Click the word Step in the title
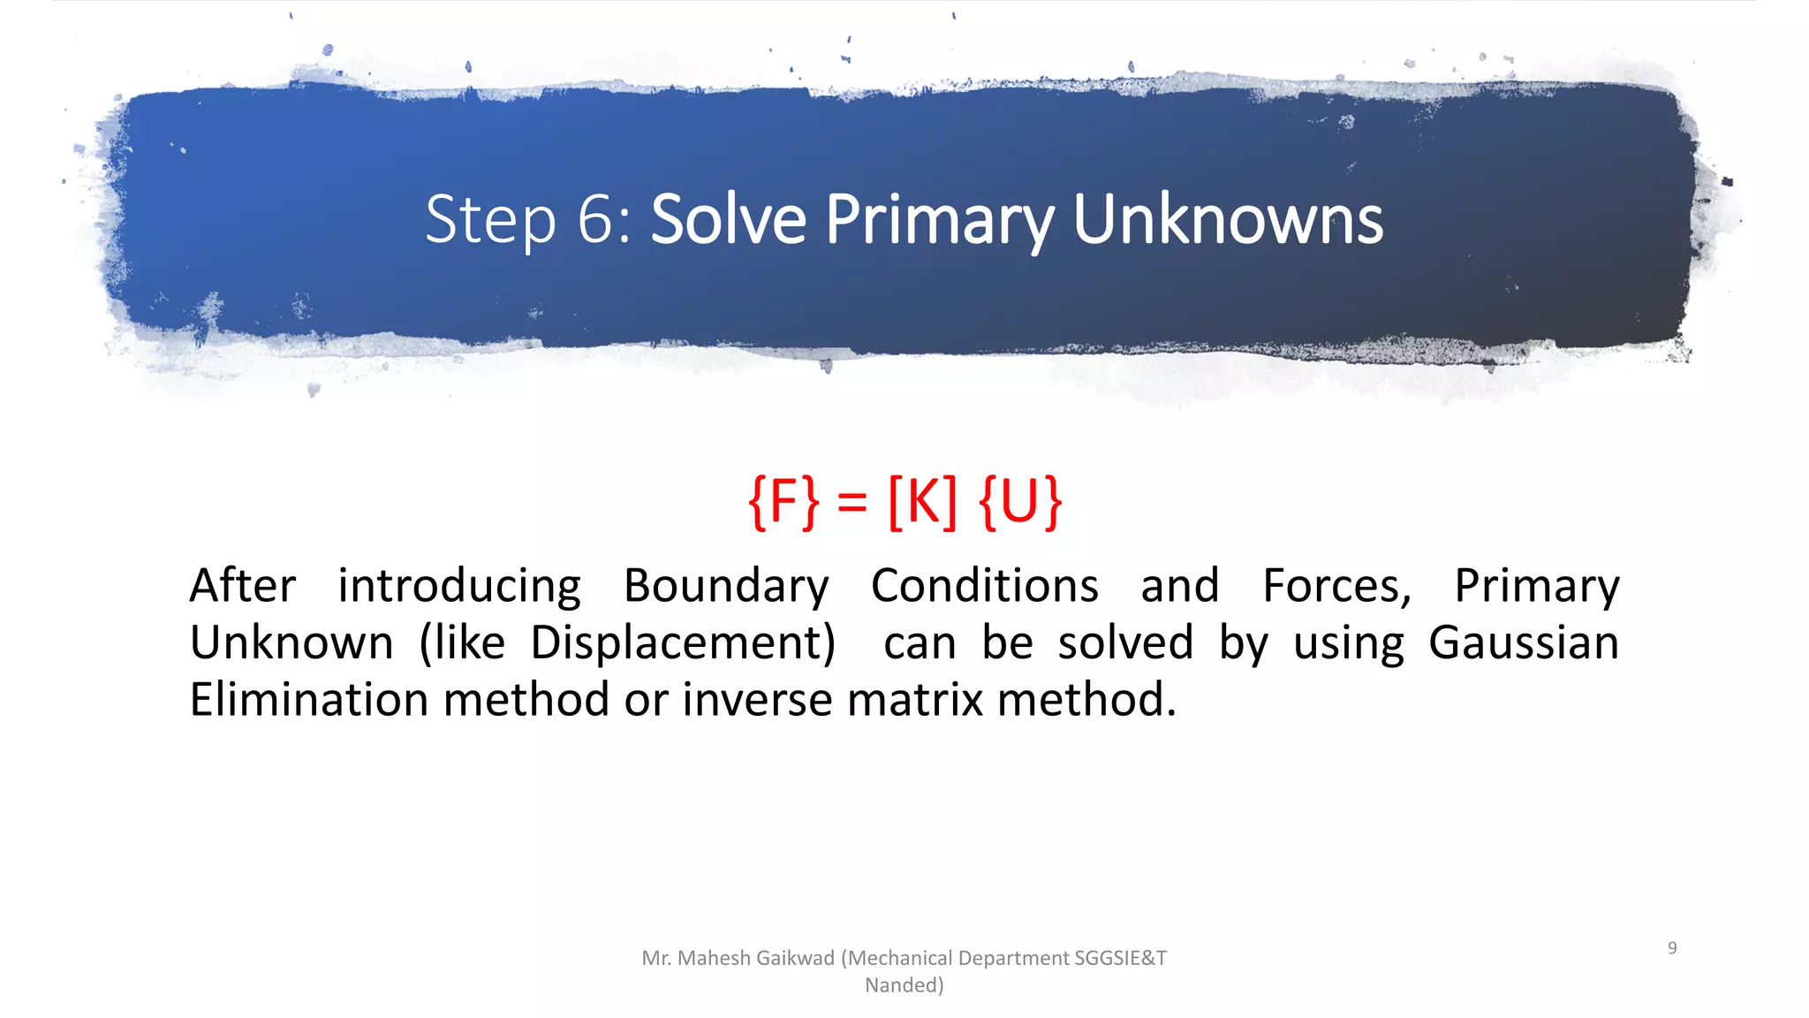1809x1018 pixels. [490, 220]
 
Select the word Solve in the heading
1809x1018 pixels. [729, 220]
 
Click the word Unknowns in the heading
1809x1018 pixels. [1228, 220]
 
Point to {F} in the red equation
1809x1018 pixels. [783, 502]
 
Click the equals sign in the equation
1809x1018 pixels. [852, 504]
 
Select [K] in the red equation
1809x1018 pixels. [922, 502]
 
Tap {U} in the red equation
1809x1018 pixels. [1020, 502]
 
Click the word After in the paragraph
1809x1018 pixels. [243, 586]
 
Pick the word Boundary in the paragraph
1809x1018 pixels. [726, 586]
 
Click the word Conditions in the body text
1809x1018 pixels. [985, 586]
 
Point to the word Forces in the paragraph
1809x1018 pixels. [1336, 586]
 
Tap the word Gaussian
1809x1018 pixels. [1524, 642]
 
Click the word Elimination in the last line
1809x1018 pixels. [309, 699]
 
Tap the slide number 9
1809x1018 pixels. [1672, 948]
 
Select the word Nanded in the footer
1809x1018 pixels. [902, 985]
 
